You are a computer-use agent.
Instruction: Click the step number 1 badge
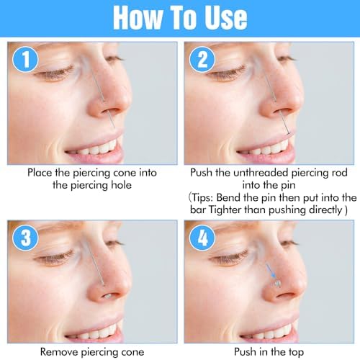pos(25,59)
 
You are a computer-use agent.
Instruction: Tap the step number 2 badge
pos(202,59)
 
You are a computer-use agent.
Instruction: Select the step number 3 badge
pos(25,238)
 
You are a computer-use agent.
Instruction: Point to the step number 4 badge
pos(202,238)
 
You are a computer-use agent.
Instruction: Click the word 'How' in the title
pos(138,17)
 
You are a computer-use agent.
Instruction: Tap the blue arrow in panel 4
pos(271,271)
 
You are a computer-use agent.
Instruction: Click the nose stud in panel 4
pos(278,284)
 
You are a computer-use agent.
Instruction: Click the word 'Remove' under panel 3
pos(59,352)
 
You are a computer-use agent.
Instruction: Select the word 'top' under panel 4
pos(296,353)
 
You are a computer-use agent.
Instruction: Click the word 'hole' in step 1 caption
pos(121,185)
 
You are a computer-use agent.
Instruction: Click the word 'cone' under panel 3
pos(133,353)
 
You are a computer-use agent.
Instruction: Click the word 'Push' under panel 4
pos(245,352)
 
